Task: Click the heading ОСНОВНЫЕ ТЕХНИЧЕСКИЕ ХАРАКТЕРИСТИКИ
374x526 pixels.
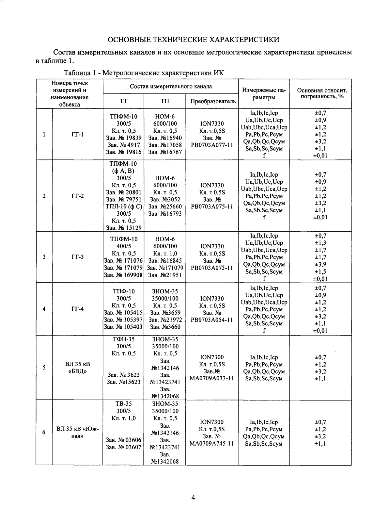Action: click(x=194, y=40)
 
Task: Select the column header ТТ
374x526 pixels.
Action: click(x=123, y=101)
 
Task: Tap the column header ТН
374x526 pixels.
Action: click(x=165, y=101)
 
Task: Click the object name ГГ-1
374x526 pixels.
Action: click(x=77, y=134)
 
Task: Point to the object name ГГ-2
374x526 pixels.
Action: click(x=77, y=196)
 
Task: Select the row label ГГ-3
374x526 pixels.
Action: click(x=77, y=257)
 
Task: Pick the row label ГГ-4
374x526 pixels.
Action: click(x=77, y=309)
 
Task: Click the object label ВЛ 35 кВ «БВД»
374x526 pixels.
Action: click(x=77, y=368)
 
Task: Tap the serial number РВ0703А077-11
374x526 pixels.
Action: click(x=212, y=145)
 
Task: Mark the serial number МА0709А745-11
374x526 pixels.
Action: click(x=212, y=444)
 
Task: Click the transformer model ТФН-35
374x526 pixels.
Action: click(x=123, y=339)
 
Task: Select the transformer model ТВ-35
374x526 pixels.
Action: click(x=123, y=404)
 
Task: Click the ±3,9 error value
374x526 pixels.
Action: click(x=320, y=264)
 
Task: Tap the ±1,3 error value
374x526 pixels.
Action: click(x=320, y=243)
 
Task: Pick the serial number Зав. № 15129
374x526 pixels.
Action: click(x=123, y=228)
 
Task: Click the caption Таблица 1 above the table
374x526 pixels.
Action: click(x=144, y=73)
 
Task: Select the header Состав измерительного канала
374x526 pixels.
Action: click(x=171, y=87)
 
